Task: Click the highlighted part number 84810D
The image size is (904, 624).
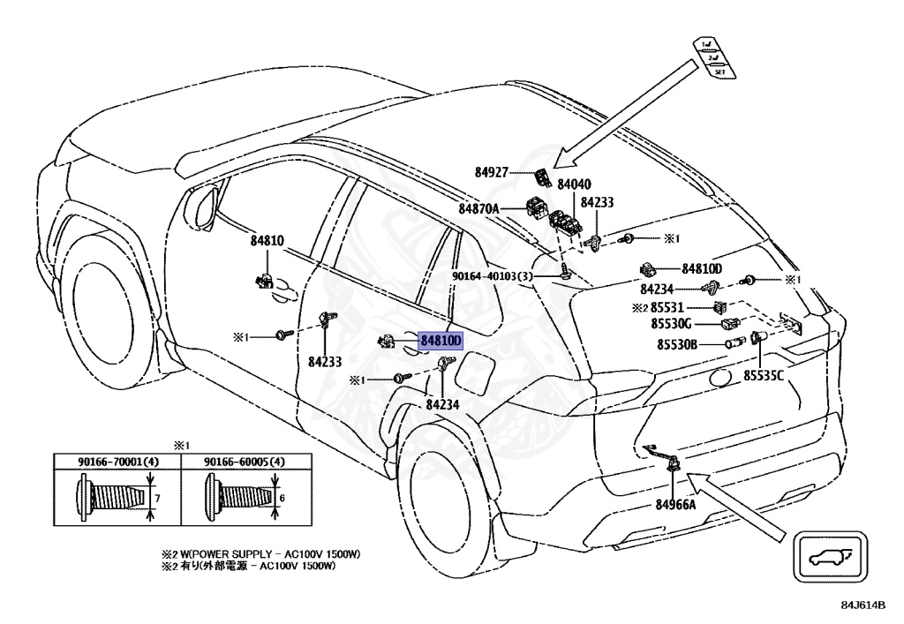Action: pyautogui.click(x=441, y=340)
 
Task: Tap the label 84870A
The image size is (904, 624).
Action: pyautogui.click(x=478, y=209)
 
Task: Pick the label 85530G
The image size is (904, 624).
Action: pyautogui.click(x=674, y=325)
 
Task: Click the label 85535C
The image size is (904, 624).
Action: pyautogui.click(x=763, y=376)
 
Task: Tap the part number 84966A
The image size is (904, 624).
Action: pyautogui.click(x=675, y=505)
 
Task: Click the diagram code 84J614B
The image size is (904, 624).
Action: pyautogui.click(x=863, y=605)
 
